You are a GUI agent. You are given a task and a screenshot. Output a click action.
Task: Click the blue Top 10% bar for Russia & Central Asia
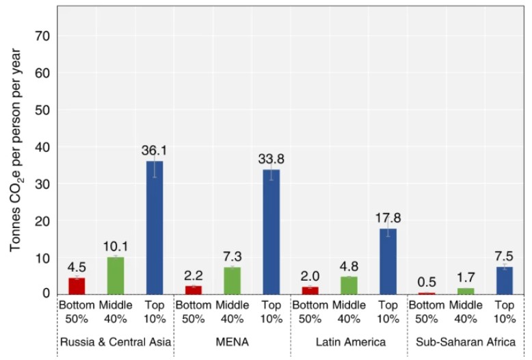[x=155, y=227]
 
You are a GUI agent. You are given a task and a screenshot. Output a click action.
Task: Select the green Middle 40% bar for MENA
[x=232, y=280]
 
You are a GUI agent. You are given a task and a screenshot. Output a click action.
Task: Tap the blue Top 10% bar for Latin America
[x=388, y=261]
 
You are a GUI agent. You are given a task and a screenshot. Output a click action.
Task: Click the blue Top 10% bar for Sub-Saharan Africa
[x=505, y=280]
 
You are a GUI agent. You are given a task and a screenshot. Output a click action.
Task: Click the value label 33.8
[x=271, y=159]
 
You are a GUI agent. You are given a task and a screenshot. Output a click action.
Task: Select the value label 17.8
[x=388, y=218]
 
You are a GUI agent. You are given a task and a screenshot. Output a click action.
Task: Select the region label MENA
[x=232, y=341]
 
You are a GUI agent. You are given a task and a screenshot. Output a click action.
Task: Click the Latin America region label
[x=349, y=341]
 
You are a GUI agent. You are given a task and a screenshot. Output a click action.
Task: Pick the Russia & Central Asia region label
[x=116, y=341]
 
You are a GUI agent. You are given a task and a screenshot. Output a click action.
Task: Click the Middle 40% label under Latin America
[x=349, y=311]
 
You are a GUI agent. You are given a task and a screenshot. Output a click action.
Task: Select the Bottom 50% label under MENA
[x=194, y=311]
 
